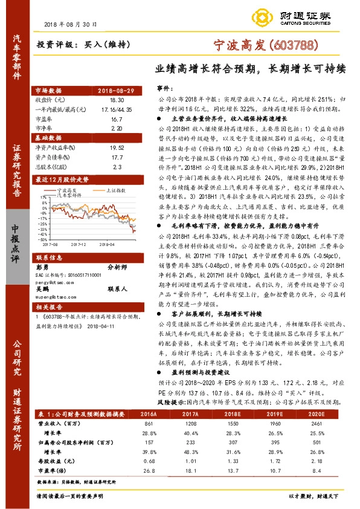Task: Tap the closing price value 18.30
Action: pyautogui.click(x=117, y=99)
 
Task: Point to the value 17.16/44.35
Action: pyautogui.click(x=117, y=108)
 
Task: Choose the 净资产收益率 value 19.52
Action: pyautogui.click(x=117, y=146)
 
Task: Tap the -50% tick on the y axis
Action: pyautogui.click(x=43, y=239)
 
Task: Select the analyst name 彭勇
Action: pyautogui.click(x=43, y=267)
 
